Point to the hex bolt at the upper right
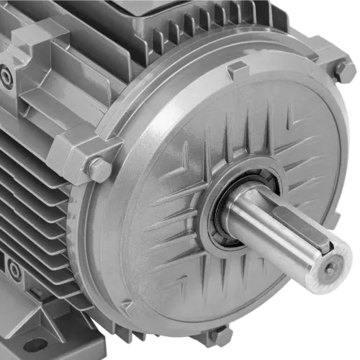point(345,71)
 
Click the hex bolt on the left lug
point(98,170)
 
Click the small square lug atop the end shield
point(238,71)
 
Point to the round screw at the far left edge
point(6,76)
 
